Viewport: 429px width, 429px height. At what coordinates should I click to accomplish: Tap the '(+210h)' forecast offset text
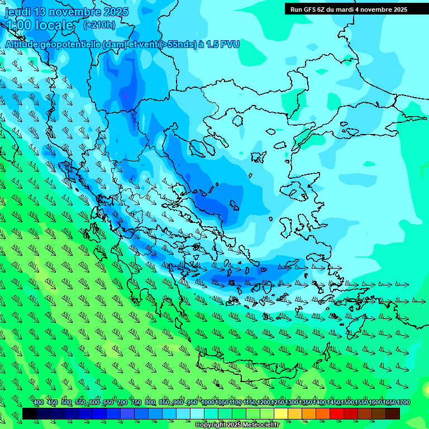99,25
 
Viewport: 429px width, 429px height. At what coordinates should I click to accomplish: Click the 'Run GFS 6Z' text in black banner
312,9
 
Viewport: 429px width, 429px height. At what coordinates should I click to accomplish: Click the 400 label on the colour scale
39,402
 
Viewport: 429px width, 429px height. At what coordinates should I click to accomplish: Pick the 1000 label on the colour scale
207,402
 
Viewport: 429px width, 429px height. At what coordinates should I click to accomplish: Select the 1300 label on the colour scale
291,402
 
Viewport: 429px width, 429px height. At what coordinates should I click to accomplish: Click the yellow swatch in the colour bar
280,413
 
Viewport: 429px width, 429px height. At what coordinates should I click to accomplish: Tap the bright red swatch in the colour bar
337,413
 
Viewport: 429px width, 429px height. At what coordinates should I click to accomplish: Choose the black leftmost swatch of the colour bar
30,413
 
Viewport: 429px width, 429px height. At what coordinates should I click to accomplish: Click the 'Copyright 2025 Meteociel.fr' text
237,425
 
